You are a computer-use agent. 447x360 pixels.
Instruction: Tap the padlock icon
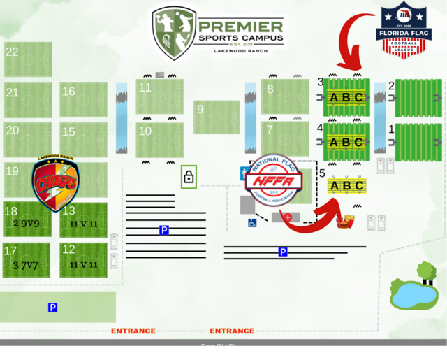click(189, 176)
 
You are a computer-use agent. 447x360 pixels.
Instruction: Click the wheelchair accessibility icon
click(252, 223)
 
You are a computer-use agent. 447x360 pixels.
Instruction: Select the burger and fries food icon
click(344, 223)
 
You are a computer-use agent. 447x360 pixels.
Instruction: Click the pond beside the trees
click(413, 296)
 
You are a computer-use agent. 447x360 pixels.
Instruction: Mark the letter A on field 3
click(334, 98)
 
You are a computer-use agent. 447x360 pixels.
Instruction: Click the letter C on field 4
click(359, 142)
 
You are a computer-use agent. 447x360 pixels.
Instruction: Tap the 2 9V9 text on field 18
click(27, 224)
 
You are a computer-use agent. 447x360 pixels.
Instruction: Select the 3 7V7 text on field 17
click(27, 265)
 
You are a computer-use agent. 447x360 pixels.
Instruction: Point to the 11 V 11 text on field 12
click(83, 265)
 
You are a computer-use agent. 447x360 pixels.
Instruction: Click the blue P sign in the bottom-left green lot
click(52, 308)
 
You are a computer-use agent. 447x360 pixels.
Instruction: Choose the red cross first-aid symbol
click(287, 217)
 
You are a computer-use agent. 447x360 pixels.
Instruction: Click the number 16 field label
click(68, 92)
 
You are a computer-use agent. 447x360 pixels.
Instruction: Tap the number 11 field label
click(145, 87)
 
